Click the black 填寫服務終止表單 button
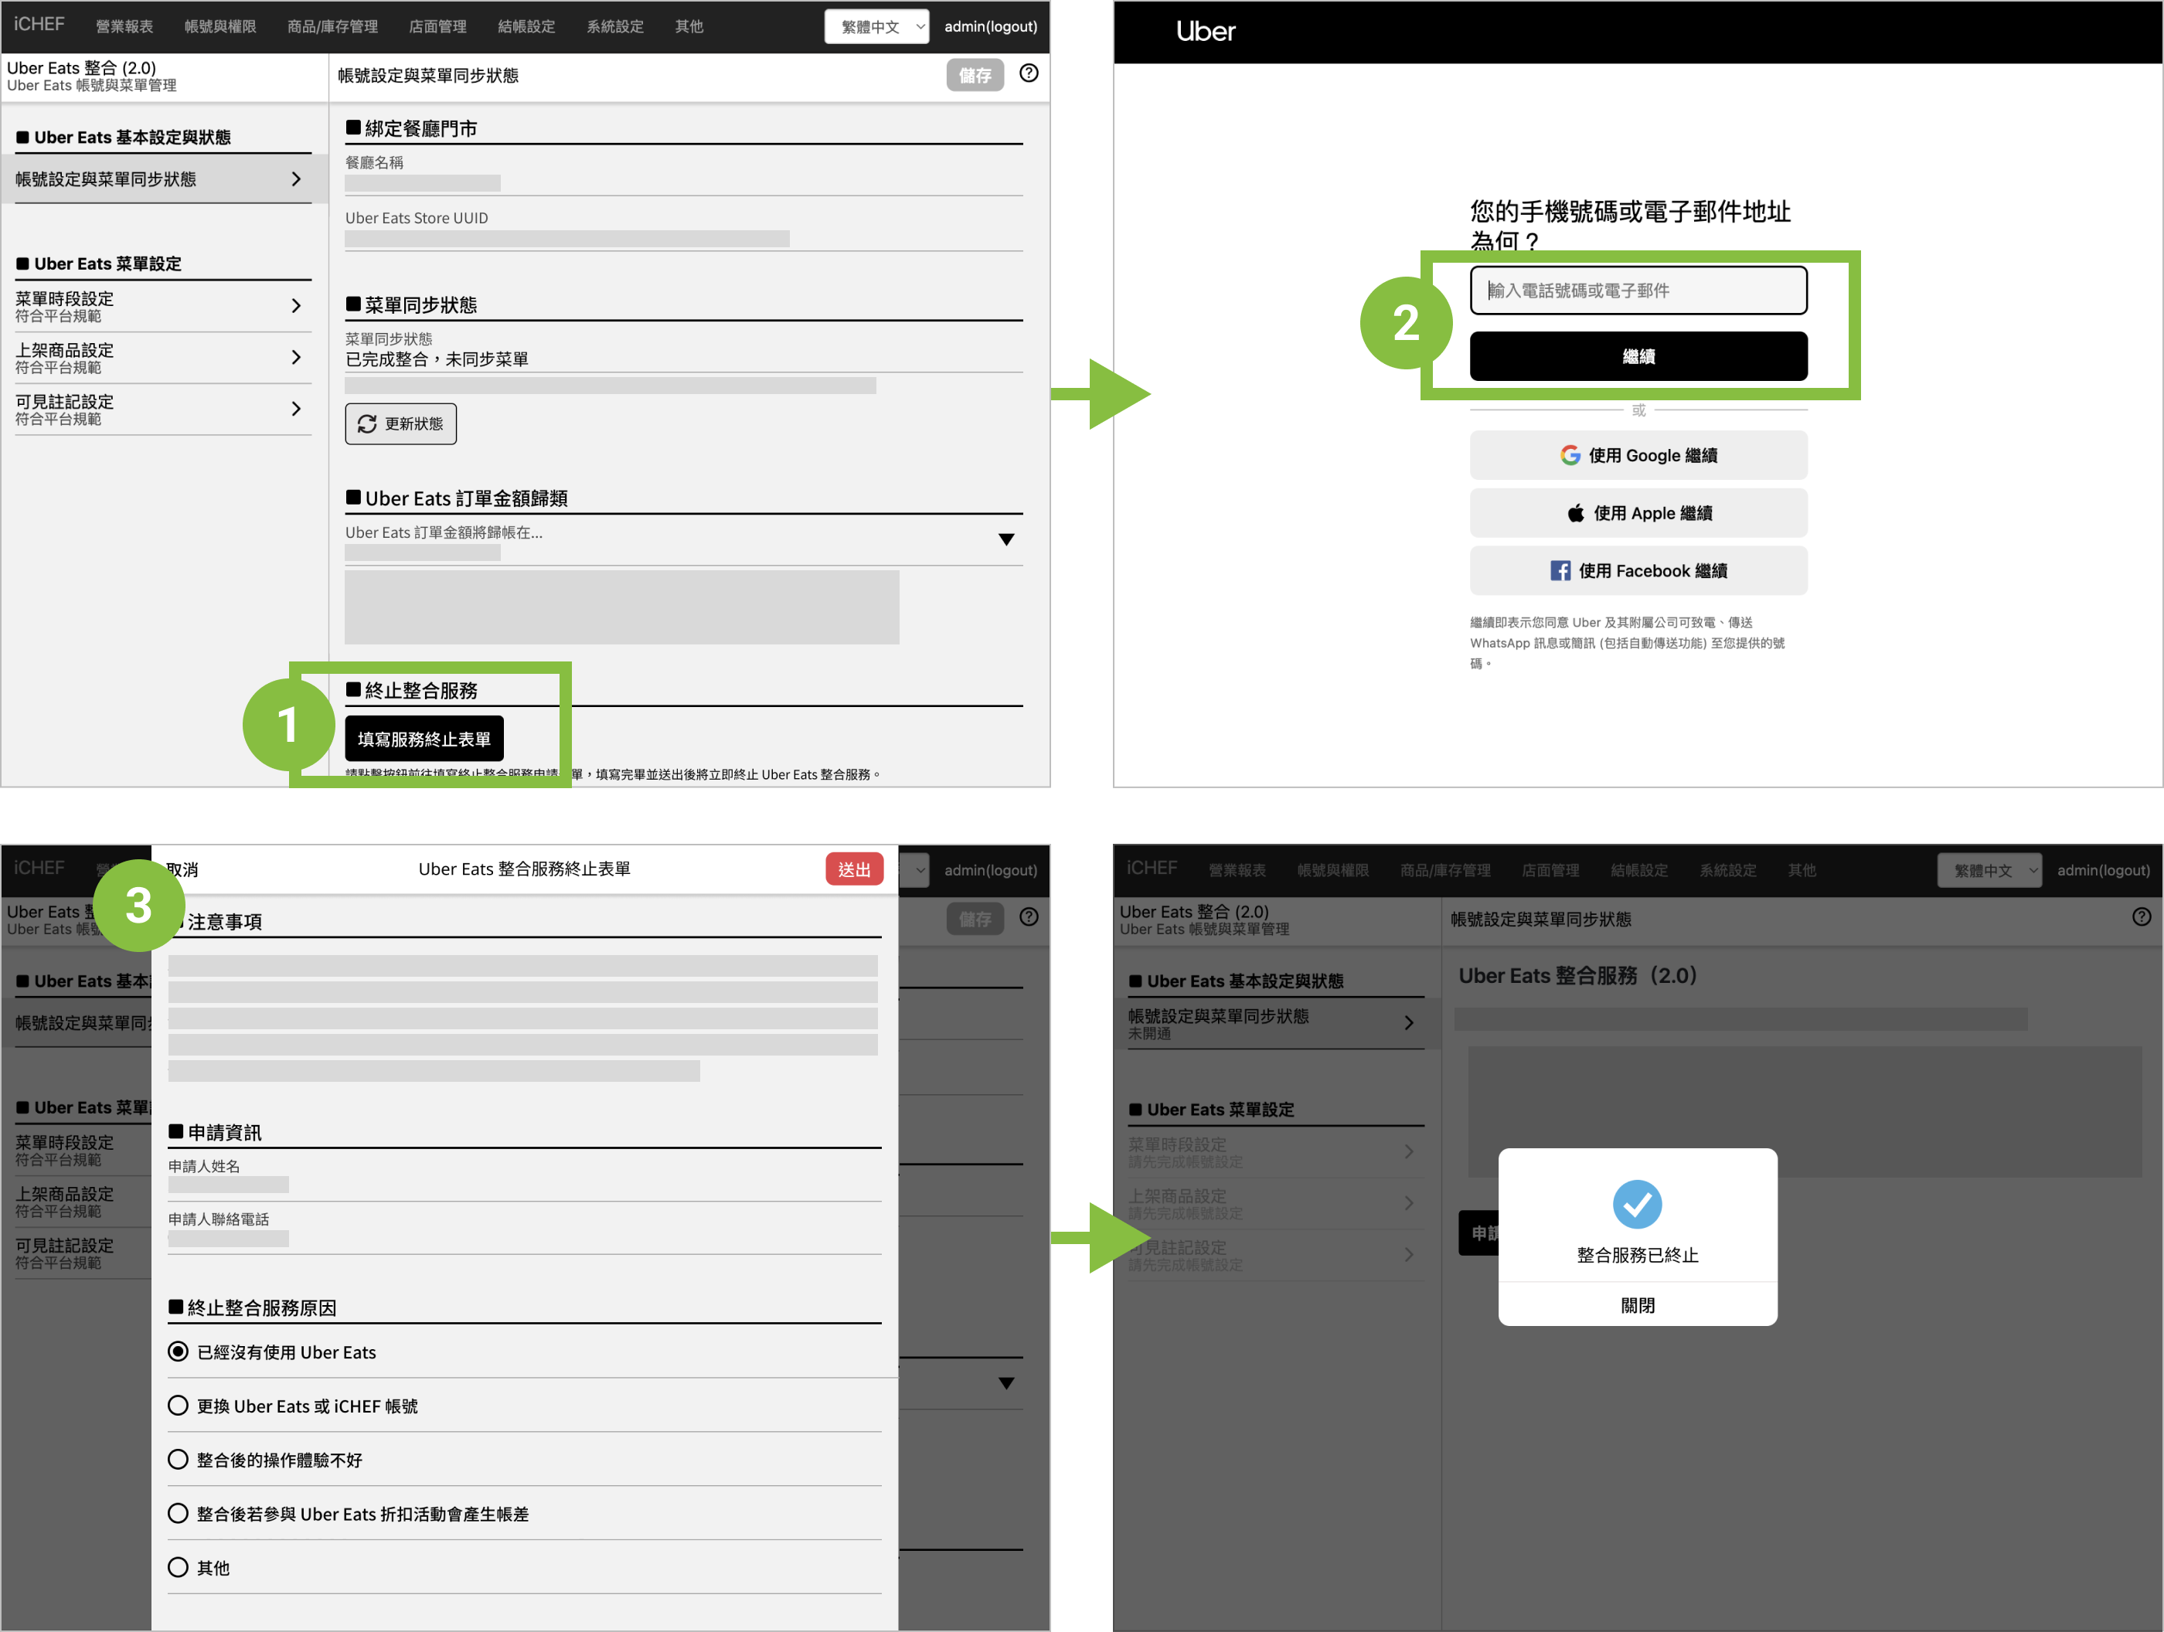[424, 739]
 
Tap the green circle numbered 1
[288, 725]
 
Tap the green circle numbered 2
[1406, 323]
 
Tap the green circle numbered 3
[139, 905]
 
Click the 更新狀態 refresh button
[400, 423]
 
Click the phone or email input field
[1638, 291]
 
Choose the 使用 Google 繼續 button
[1638, 455]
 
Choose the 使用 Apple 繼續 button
[1638, 512]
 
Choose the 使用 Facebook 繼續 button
[1638, 570]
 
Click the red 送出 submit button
[853, 869]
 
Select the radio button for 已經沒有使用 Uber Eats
[178, 1351]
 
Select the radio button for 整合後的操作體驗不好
[178, 1459]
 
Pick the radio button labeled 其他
[178, 1566]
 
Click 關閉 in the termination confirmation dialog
[1637, 1305]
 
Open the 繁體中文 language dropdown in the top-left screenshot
[876, 26]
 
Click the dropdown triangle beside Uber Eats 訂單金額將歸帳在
[1005, 539]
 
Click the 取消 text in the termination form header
[183, 869]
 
